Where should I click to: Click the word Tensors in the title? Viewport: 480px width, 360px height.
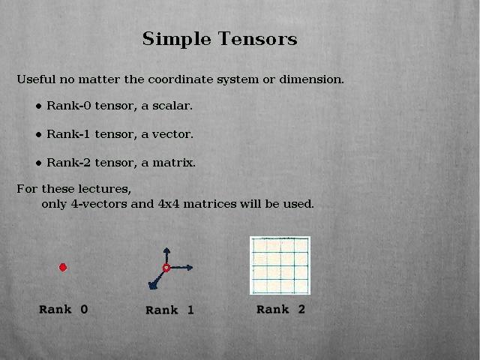tap(257, 39)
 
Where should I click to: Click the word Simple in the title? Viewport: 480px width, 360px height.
tap(177, 40)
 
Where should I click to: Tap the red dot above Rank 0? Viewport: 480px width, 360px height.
tap(63, 268)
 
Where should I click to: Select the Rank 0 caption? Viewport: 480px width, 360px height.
tap(63, 310)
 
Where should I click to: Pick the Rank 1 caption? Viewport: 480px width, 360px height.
tap(169, 310)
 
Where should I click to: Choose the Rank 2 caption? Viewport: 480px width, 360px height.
tap(280, 310)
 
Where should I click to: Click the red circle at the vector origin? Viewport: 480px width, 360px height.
tap(166, 268)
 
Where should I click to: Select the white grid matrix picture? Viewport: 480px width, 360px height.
tap(280, 265)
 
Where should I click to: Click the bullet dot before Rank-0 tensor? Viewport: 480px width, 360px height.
tap(38, 106)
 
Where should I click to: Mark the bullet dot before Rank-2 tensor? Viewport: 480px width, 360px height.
tap(38, 163)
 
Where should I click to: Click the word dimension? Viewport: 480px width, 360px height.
tap(312, 79)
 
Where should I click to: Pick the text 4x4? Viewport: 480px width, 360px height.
tap(169, 204)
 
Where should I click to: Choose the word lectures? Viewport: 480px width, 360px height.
tap(105, 189)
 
